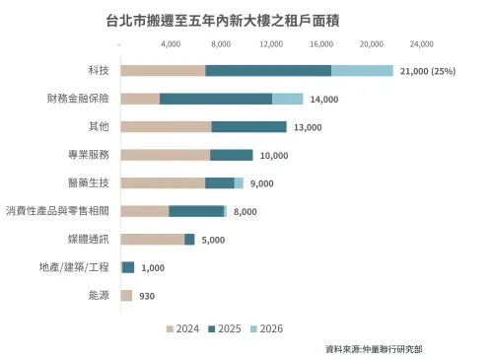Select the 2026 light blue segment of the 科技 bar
(x=362, y=70)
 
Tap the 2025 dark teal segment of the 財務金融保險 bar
(x=215, y=99)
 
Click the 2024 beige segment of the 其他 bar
(x=166, y=126)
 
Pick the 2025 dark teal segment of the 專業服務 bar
(x=232, y=155)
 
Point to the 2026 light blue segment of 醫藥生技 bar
(x=239, y=182)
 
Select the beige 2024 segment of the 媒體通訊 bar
(x=152, y=239)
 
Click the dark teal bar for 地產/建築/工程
(x=128, y=267)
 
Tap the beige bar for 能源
(x=126, y=295)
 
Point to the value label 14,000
(x=323, y=99)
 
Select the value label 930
(x=147, y=296)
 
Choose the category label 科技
(x=97, y=70)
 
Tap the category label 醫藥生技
(x=88, y=182)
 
